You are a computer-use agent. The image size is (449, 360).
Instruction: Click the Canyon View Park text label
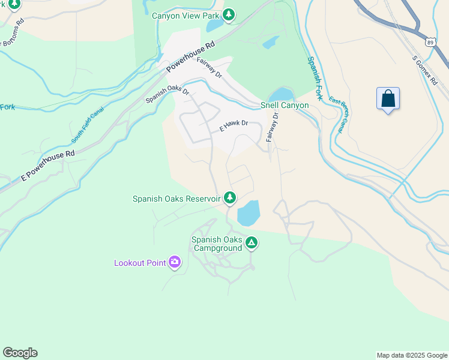coord(185,16)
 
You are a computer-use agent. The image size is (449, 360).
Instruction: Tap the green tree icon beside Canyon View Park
coord(228,15)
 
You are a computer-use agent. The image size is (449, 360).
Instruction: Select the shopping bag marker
coord(388,98)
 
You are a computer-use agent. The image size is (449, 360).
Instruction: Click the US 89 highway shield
coord(430,41)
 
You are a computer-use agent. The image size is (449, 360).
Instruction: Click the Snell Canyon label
coord(285,106)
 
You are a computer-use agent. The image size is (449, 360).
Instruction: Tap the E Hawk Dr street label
coord(234,125)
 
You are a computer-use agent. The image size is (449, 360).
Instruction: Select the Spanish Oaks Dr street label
coord(167,97)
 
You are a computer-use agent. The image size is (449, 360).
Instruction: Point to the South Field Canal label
coord(88,125)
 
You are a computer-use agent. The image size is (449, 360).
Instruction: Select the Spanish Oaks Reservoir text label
coord(176,199)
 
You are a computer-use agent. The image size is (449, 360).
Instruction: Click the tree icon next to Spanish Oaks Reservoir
coord(229,197)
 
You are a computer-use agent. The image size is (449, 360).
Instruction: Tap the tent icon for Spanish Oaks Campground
coord(252,243)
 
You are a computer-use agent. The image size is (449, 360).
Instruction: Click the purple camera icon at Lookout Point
coord(175,262)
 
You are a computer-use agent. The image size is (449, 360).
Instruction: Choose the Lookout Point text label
coord(140,263)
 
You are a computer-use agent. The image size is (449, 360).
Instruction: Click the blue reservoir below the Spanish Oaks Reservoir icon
coord(248,214)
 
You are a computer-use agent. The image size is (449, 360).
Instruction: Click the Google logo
coord(20,353)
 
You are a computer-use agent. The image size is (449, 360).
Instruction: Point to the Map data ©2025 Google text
coord(411,355)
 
